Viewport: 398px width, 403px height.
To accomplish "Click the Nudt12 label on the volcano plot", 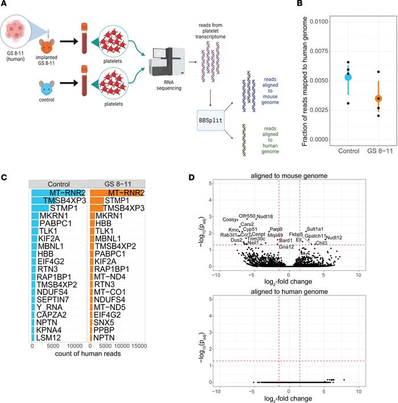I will (334, 237).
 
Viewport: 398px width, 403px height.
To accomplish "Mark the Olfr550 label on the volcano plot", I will (247, 216).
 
